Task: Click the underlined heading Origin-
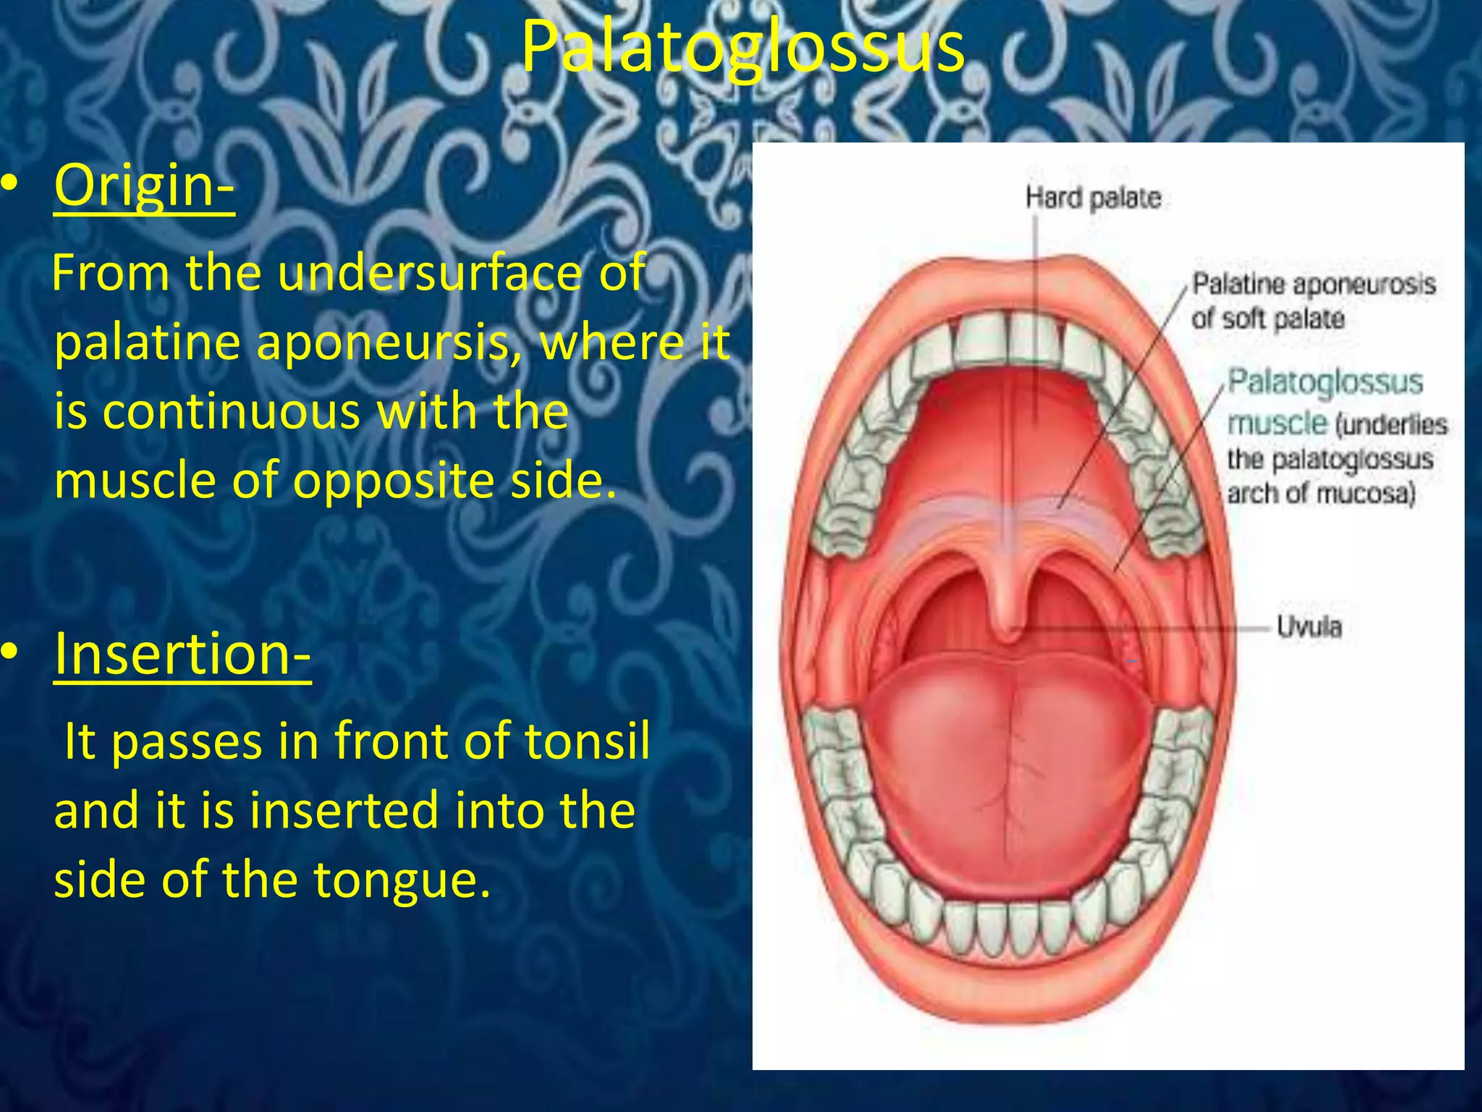point(144,185)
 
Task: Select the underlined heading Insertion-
point(182,654)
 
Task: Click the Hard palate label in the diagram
point(1093,198)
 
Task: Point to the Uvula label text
point(1308,627)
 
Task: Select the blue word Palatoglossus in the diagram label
point(1325,382)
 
